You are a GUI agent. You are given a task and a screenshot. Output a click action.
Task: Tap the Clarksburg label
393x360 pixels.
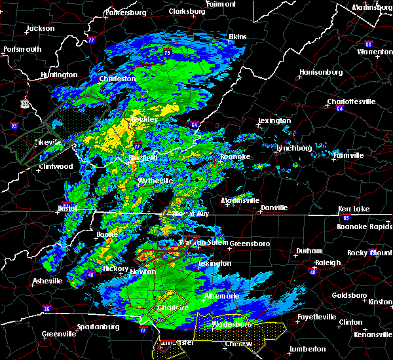(x=187, y=11)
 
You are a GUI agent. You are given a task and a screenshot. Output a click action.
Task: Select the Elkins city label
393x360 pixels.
(x=237, y=37)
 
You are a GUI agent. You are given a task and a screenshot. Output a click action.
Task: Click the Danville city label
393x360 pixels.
(x=274, y=207)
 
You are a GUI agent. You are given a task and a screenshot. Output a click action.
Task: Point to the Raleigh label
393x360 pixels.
(x=327, y=262)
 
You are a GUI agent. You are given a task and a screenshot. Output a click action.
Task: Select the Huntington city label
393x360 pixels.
(x=58, y=75)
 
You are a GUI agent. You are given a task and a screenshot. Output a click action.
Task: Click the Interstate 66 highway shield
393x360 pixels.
(x=369, y=45)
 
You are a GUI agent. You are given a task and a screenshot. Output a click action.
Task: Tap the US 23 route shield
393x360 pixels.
(x=25, y=103)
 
